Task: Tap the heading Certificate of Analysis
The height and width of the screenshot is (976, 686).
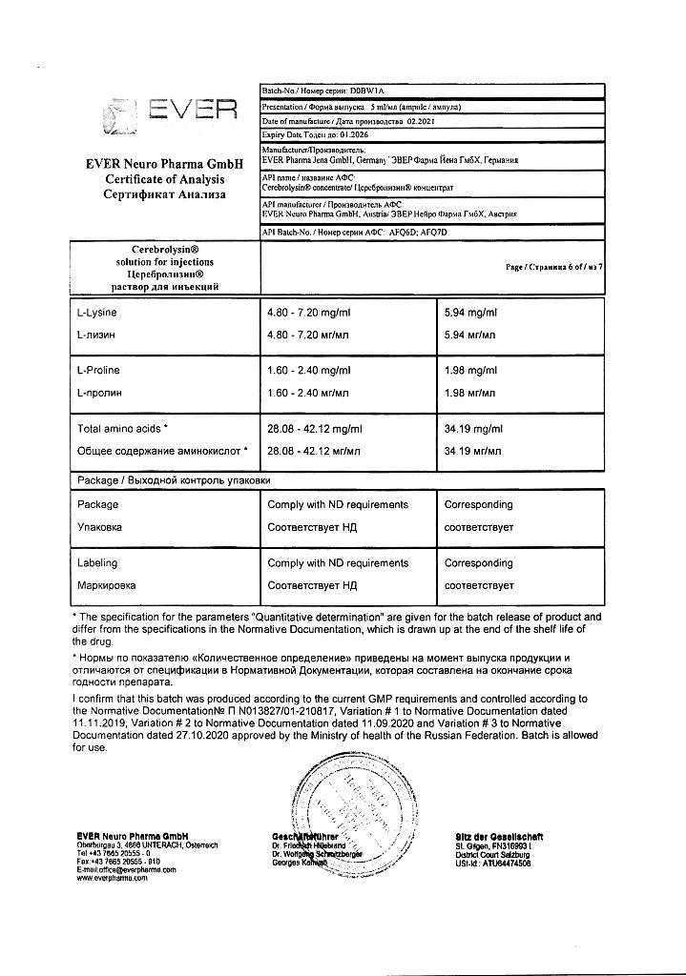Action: point(165,179)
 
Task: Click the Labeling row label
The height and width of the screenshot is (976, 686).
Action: point(98,563)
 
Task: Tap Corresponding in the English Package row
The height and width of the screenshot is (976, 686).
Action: point(479,504)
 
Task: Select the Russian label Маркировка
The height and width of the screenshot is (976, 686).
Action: point(106,585)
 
